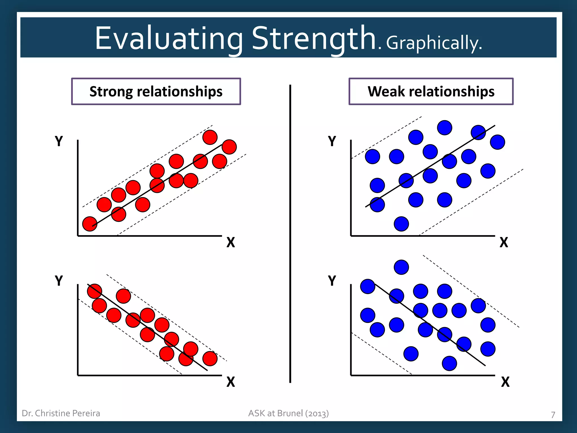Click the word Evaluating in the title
(x=168, y=39)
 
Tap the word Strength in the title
(x=313, y=39)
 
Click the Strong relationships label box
(x=156, y=92)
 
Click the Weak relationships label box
(x=431, y=92)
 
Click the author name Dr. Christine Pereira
(x=61, y=413)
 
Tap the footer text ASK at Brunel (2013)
(x=288, y=413)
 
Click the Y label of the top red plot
(x=59, y=141)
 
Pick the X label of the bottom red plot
(x=230, y=382)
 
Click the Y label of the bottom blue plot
(x=332, y=281)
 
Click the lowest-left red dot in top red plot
(x=90, y=224)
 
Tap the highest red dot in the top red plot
(x=210, y=137)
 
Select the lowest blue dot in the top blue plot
(x=401, y=224)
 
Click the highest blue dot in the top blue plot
(x=445, y=128)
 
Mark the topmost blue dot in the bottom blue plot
(x=401, y=267)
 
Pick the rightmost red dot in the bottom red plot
(x=210, y=359)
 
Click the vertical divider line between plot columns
(x=290, y=234)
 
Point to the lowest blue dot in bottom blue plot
(x=449, y=363)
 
